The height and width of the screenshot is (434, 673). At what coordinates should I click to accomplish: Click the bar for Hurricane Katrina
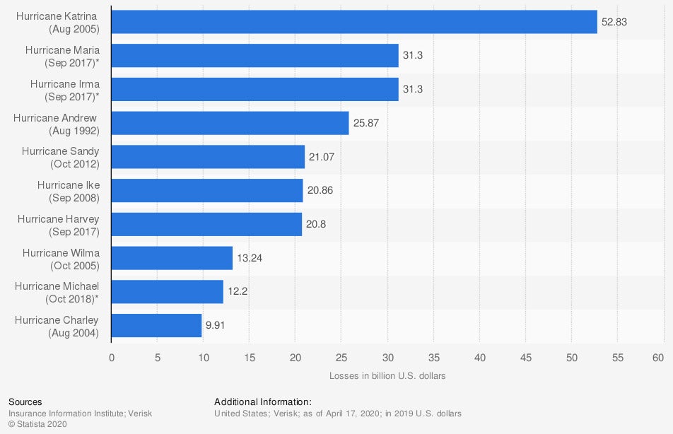[353, 22]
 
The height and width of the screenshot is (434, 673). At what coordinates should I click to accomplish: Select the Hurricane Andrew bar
[230, 123]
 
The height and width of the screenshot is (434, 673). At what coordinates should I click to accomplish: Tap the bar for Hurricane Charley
[156, 326]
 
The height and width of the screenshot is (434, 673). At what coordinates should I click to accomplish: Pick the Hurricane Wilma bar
[172, 258]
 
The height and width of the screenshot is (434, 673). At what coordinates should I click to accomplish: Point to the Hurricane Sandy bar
[208, 157]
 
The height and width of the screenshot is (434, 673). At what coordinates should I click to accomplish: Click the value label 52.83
[614, 22]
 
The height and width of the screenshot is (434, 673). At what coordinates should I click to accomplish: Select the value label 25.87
[367, 123]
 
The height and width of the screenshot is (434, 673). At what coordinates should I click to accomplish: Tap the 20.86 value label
[321, 191]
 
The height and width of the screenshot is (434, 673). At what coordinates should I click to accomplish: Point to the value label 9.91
[215, 326]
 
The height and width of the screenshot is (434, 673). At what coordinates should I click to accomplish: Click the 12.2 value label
[238, 292]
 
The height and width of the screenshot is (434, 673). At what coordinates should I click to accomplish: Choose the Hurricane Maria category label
[62, 56]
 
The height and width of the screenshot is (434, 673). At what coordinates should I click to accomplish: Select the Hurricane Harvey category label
[58, 225]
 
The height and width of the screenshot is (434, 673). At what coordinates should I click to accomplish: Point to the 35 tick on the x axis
[433, 358]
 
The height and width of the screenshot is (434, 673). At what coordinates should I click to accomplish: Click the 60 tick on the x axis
[663, 358]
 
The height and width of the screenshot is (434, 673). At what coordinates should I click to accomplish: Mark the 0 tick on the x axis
[111, 358]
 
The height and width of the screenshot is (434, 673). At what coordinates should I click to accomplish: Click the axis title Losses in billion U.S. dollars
[387, 375]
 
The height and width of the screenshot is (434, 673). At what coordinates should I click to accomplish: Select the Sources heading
[25, 401]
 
